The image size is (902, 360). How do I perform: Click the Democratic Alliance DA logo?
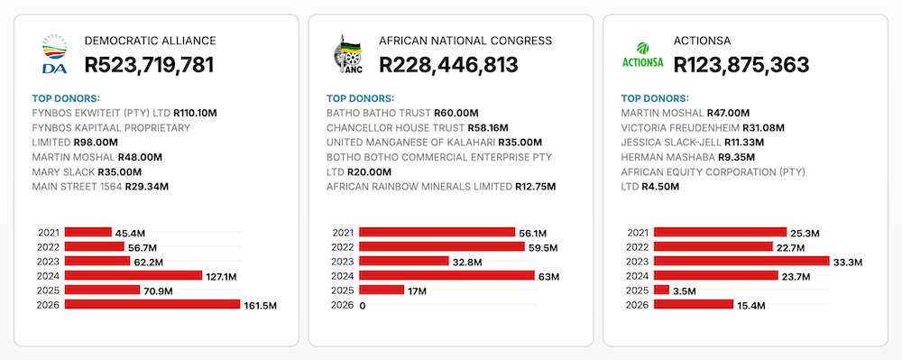tap(55, 54)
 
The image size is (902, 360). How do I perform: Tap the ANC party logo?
tap(348, 54)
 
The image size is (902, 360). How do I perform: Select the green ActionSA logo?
tap(642, 55)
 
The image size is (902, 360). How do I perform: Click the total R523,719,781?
tap(149, 64)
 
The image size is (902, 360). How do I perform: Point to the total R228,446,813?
tap(448, 64)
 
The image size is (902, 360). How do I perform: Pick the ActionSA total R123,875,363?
tap(741, 64)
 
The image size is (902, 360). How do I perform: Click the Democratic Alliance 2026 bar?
tap(152, 304)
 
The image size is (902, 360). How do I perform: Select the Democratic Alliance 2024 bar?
tap(133, 275)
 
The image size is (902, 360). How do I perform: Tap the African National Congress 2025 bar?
tap(382, 290)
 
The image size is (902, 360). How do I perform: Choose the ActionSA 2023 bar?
tap(742, 261)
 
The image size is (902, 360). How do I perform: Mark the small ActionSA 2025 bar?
tap(661, 290)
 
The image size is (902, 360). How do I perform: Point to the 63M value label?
tap(548, 277)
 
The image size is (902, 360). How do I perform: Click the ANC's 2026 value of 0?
tap(363, 306)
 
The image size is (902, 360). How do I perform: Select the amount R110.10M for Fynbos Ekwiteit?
tap(195, 113)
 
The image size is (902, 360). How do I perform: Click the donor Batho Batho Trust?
tap(379, 113)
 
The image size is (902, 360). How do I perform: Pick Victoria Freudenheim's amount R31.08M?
tap(763, 127)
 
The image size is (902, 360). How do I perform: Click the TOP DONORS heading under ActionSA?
tap(655, 98)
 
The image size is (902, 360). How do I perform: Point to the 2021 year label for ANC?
tap(343, 233)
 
